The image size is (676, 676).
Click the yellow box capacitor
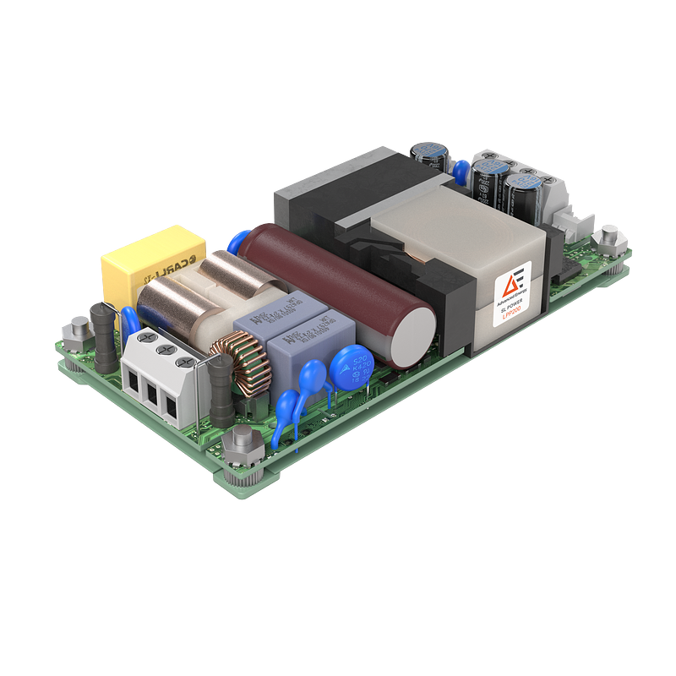coord(152,258)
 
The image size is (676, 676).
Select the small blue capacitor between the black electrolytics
coord(461,172)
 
